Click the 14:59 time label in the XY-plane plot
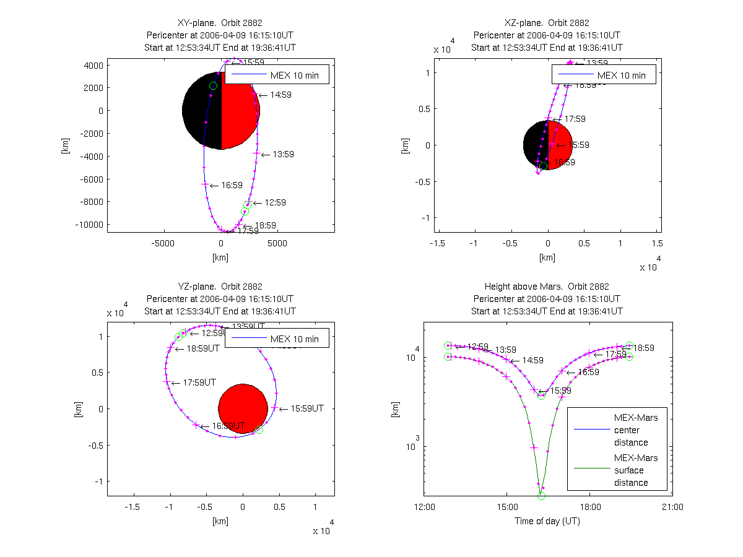point(280,95)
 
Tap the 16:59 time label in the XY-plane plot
point(232,185)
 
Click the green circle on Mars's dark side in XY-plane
point(213,86)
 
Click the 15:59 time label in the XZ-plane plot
point(578,145)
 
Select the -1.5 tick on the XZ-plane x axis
point(438,243)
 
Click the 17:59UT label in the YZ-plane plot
point(201,383)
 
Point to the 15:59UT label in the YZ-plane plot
point(307,408)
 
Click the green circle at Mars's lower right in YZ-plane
point(259,430)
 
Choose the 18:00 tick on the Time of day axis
point(589,507)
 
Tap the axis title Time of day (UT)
point(547,521)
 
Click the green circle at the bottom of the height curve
point(541,496)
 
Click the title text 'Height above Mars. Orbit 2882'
point(547,287)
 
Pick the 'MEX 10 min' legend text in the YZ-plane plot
point(294,339)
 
